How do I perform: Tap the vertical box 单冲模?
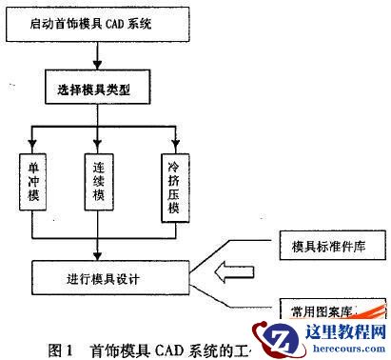point(31,179)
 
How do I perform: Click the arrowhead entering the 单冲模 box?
point(31,147)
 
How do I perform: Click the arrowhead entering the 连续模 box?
point(97,147)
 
